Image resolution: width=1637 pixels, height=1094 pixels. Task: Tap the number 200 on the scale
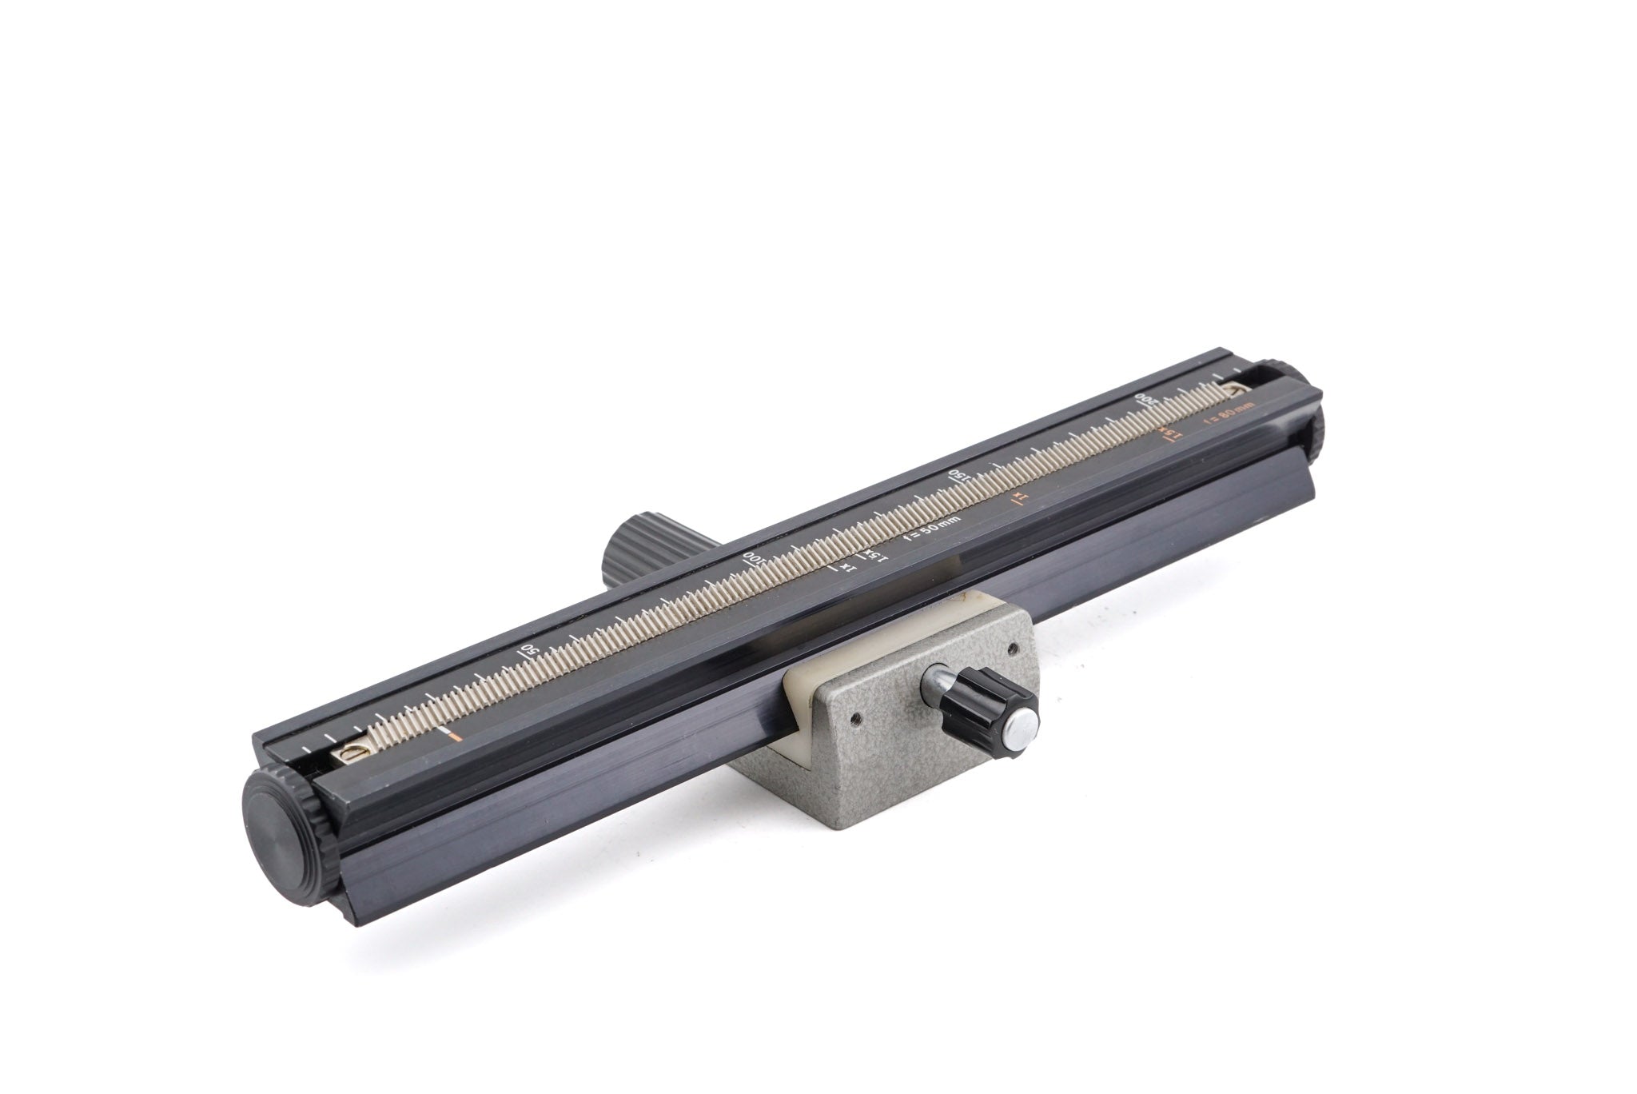click(x=1146, y=399)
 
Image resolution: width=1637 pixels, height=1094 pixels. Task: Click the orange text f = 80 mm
click(x=1229, y=417)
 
